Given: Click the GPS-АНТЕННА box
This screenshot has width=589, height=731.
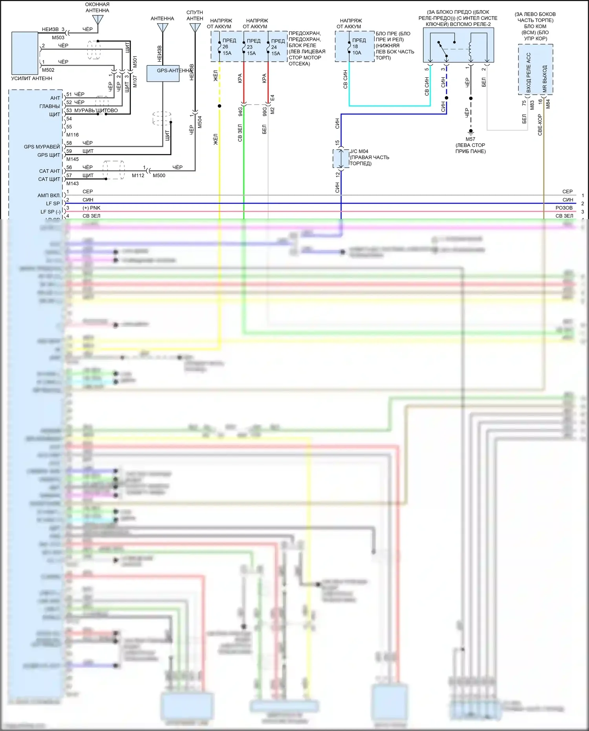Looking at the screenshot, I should pyautogui.click(x=163, y=73).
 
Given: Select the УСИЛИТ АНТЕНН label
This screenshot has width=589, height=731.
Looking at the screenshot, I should pyautogui.click(x=31, y=78).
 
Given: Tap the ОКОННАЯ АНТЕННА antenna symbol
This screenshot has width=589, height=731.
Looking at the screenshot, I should pyautogui.click(x=98, y=20).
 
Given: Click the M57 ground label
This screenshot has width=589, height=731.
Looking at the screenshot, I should pyautogui.click(x=470, y=139).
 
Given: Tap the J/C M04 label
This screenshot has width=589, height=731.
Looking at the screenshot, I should pyautogui.click(x=359, y=151).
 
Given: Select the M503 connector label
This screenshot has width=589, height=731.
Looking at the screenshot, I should pyautogui.click(x=58, y=38).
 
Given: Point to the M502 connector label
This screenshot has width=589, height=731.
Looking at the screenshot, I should pyautogui.click(x=48, y=70).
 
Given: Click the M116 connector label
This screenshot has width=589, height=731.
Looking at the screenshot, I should pyautogui.click(x=72, y=135).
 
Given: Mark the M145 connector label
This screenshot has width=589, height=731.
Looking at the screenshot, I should pyautogui.click(x=72, y=159).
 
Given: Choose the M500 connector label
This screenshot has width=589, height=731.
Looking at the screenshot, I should pyautogui.click(x=159, y=176).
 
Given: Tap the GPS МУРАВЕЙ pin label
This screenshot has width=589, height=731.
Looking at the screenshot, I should pyautogui.click(x=42, y=147).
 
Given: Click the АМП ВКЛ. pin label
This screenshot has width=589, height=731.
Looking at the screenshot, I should pyautogui.click(x=49, y=195).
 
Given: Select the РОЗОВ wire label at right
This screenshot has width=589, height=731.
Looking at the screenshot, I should pyautogui.click(x=564, y=208).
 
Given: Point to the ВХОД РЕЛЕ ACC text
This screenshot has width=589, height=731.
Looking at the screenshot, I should pyautogui.click(x=529, y=73).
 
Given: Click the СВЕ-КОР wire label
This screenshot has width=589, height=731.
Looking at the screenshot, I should pyautogui.click(x=540, y=125).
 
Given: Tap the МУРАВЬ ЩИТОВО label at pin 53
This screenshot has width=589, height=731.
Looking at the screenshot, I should pyautogui.click(x=96, y=110).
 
